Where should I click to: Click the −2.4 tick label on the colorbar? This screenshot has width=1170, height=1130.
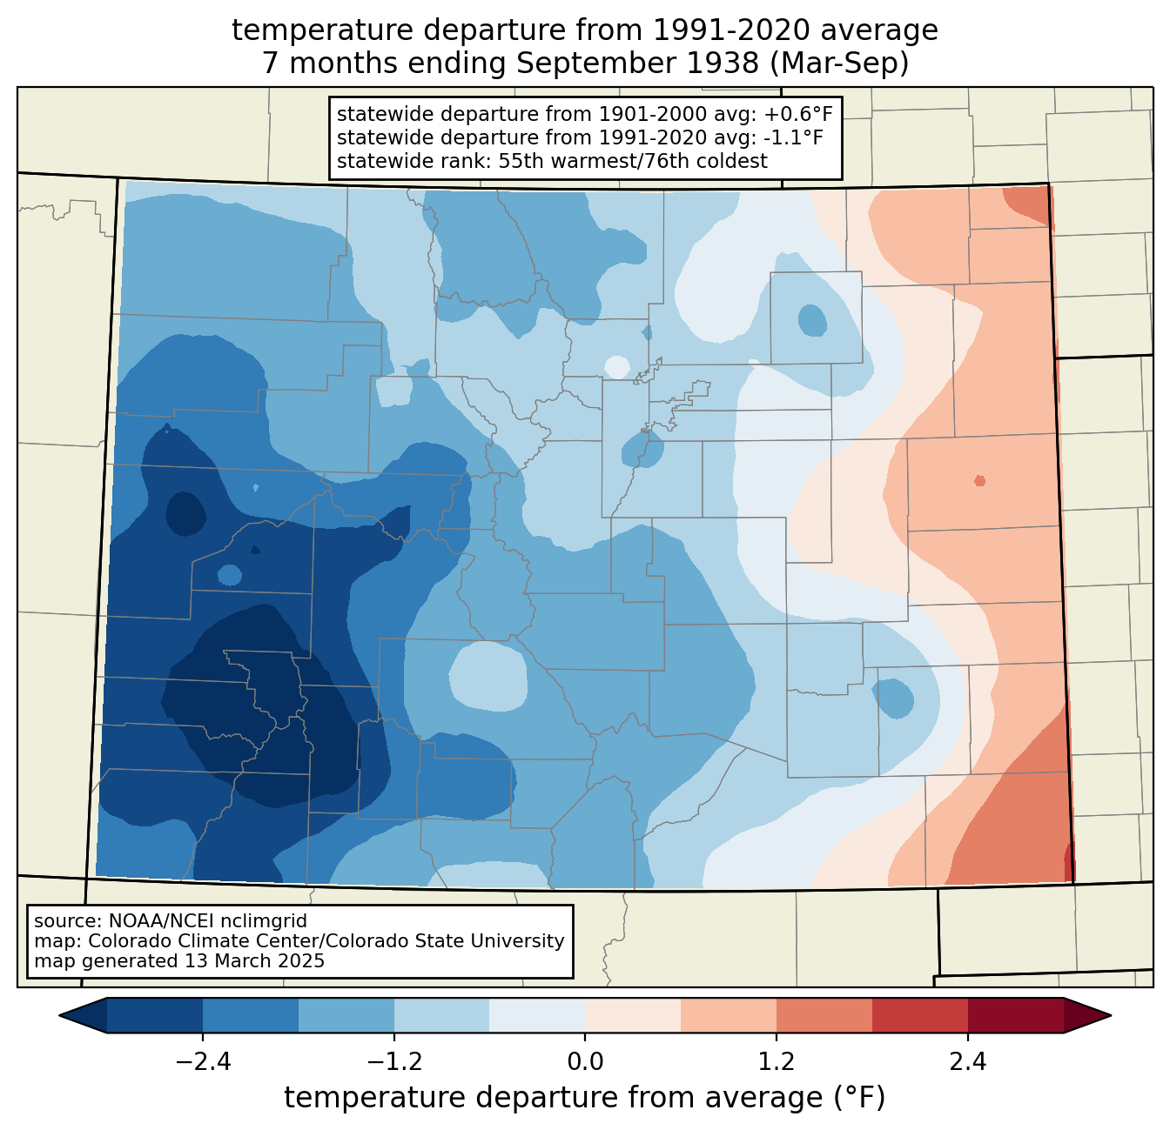tap(203, 1062)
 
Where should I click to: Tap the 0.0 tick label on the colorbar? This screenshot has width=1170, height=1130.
tap(585, 1062)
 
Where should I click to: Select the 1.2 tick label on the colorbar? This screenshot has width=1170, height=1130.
tap(777, 1062)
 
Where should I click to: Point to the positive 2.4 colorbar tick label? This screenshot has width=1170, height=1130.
tap(968, 1062)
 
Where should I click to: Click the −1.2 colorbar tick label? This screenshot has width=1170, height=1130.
tap(394, 1062)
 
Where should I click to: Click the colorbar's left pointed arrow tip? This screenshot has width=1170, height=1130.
tap(59, 1016)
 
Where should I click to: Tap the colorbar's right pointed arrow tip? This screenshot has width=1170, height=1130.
tap(1111, 1016)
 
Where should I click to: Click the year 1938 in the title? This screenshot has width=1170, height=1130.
tap(728, 63)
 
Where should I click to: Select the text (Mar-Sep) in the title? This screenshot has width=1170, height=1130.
tap(839, 64)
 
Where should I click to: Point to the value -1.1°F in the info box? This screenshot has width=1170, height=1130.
tap(794, 137)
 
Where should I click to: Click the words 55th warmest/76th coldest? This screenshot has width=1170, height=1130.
tap(633, 161)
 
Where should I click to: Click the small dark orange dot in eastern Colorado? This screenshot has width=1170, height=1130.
tap(979, 480)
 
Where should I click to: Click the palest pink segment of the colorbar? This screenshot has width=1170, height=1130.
tap(633, 1016)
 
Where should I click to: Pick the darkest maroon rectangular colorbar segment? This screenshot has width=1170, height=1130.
tap(1016, 1016)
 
